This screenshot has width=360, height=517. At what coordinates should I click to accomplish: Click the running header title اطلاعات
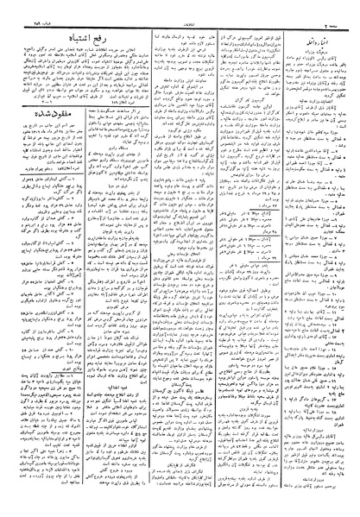coord(180,6)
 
